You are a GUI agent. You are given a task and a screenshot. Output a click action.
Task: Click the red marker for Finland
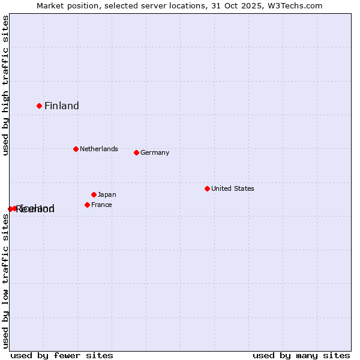click(x=40, y=106)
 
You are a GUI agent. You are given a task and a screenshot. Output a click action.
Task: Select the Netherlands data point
click(x=76, y=149)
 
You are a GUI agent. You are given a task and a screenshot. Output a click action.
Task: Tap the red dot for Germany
click(x=136, y=152)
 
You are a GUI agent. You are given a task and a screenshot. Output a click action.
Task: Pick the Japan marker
click(x=94, y=194)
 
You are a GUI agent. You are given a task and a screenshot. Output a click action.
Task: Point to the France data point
click(x=87, y=205)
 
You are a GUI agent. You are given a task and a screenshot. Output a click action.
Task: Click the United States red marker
click(x=207, y=188)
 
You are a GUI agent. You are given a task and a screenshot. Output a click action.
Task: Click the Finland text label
click(x=62, y=106)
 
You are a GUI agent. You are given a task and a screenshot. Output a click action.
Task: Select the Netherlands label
click(x=99, y=149)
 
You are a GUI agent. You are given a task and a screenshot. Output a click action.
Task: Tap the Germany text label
click(x=155, y=152)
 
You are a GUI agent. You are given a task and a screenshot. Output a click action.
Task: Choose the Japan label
click(x=107, y=194)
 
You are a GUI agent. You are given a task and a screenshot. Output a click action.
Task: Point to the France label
click(x=101, y=205)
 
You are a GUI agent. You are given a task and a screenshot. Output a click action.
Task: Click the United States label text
click(x=233, y=188)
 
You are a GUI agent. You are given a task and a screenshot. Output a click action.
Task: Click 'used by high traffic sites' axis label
click(x=5, y=85)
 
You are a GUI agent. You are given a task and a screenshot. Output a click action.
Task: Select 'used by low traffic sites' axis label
click(x=5, y=281)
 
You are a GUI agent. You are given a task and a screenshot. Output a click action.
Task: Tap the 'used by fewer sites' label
click(x=62, y=355)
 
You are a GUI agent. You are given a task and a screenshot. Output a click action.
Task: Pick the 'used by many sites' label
click(x=301, y=355)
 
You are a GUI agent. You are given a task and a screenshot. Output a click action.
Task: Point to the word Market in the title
click(x=50, y=5)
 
